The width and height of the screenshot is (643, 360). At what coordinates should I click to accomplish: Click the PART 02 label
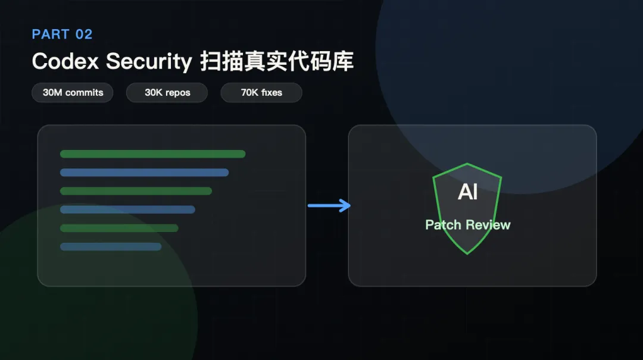[x=63, y=34]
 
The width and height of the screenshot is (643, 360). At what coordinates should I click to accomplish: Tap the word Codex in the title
[x=65, y=61]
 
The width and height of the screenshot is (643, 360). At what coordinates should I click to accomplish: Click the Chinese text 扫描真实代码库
[x=277, y=61]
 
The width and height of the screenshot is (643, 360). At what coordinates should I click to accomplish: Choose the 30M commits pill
[x=73, y=93]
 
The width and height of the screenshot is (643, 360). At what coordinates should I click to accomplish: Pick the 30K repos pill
[x=167, y=93]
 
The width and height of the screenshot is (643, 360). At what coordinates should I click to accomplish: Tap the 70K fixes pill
[x=261, y=93]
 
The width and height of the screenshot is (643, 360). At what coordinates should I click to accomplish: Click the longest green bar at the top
[x=152, y=154]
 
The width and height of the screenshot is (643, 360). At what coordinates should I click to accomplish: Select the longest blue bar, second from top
[x=144, y=173]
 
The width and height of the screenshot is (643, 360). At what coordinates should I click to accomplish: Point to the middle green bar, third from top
[x=136, y=191]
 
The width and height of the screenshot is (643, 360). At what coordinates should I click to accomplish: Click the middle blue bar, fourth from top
[x=127, y=209]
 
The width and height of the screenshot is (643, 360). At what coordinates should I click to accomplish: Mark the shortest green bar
[x=119, y=228]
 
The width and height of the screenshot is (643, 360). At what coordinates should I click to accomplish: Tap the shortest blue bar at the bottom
[x=111, y=246]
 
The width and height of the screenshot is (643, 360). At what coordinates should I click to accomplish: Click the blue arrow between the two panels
[x=329, y=205]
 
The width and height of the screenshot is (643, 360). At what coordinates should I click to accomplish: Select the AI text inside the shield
[x=467, y=192]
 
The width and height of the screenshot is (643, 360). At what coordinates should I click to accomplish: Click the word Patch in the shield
[x=444, y=225]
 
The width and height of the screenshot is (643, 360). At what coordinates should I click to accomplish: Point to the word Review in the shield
[x=488, y=225]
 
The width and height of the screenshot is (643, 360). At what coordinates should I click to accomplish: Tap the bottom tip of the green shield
[x=467, y=254]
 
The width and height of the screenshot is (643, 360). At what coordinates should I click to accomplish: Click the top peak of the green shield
[x=467, y=164]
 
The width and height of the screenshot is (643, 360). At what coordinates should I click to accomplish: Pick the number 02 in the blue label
[x=84, y=34]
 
